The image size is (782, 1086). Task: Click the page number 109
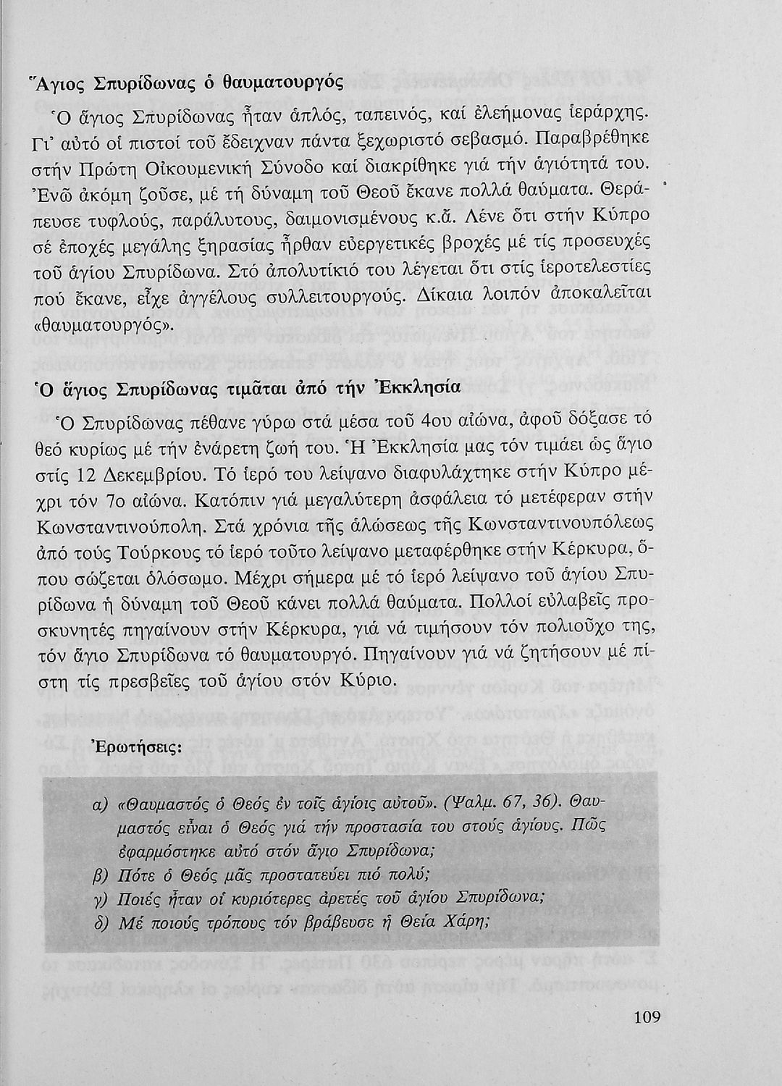point(647,1017)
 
